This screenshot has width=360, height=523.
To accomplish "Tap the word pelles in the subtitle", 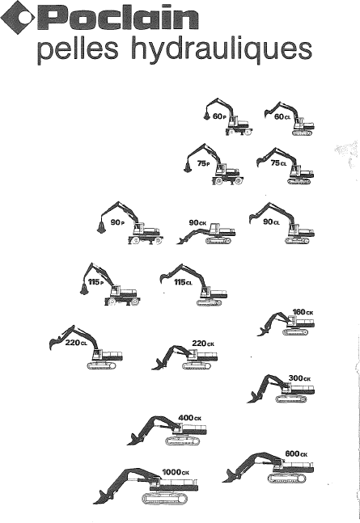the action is pyautogui.click(x=78, y=49).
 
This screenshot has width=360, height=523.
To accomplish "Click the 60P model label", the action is pyautogui.click(x=219, y=116).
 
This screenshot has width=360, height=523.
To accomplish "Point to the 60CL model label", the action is pyautogui.click(x=282, y=116).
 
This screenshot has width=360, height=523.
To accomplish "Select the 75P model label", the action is pyautogui.click(x=203, y=163).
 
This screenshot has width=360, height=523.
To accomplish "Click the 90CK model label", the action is pyautogui.click(x=198, y=222).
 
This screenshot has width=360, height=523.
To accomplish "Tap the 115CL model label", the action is pyautogui.click(x=184, y=282).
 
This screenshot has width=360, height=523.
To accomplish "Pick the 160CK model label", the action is pyautogui.click(x=303, y=312).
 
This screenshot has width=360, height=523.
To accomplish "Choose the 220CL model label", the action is pyautogui.click(x=76, y=343).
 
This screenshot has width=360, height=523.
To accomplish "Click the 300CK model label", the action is pyautogui.click(x=299, y=378).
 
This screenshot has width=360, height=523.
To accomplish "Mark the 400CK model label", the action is pyautogui.click(x=189, y=418).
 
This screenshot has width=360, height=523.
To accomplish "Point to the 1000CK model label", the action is pyautogui.click(x=176, y=472).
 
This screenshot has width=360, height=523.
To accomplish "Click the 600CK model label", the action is pyautogui.click(x=296, y=453).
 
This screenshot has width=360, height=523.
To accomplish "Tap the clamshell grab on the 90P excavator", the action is pyautogui.click(x=100, y=227).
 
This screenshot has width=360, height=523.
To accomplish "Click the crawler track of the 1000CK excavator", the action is pyautogui.click(x=164, y=498).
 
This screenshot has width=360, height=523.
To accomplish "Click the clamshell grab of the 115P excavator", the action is pyautogui.click(x=84, y=289).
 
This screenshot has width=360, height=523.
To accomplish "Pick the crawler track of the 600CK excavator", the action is pyautogui.click(x=287, y=479).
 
